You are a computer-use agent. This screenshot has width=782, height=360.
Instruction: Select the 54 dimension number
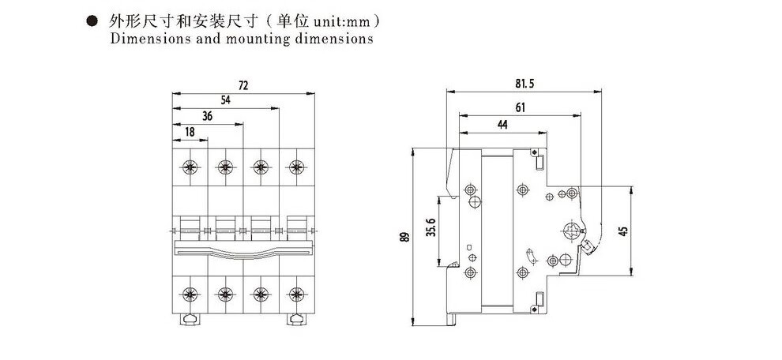(225, 99)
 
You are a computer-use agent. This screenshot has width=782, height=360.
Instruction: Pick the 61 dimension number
(521, 106)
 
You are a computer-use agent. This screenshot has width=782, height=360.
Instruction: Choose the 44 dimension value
(502, 125)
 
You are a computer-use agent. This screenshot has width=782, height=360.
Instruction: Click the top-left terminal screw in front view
(190, 167)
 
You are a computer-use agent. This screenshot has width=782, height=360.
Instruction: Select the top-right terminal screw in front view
(296, 167)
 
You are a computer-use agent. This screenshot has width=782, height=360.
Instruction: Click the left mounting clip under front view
(190, 319)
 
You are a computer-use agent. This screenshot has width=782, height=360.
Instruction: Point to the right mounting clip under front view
(297, 319)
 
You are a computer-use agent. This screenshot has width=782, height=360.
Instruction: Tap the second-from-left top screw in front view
(225, 167)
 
